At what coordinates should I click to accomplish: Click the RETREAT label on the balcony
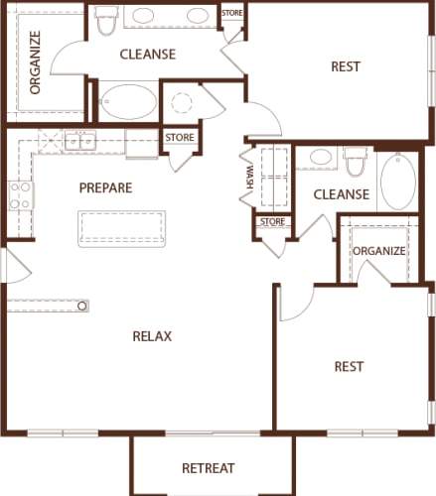click(x=208, y=468)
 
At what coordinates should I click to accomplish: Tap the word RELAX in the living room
click(x=152, y=336)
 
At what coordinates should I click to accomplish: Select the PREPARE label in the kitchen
click(x=105, y=187)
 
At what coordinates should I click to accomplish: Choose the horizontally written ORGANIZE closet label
click(x=378, y=251)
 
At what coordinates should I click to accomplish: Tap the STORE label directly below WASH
click(x=272, y=221)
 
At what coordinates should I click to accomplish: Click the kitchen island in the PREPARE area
click(x=121, y=227)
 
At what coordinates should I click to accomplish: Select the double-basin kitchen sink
click(x=80, y=141)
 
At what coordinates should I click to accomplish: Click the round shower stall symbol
click(x=182, y=102)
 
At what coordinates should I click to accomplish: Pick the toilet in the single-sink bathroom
click(x=356, y=160)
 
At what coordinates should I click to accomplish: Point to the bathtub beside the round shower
click(x=128, y=101)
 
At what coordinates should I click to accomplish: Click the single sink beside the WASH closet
click(x=320, y=158)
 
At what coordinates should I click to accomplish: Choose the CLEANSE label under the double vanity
click(x=148, y=55)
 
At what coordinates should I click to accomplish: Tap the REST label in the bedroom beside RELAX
click(x=349, y=366)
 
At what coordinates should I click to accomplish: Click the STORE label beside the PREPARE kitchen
click(x=180, y=137)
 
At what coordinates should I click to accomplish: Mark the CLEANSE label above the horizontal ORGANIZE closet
click(x=342, y=194)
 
